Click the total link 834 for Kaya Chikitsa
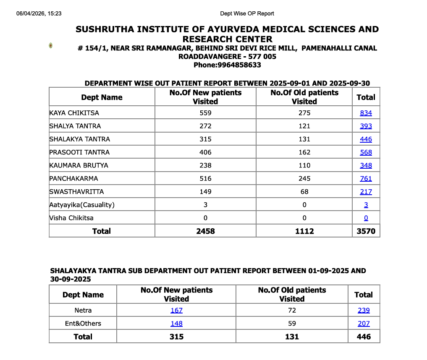pos(366,113)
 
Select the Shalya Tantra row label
pos(75,126)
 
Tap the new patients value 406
pos(205,152)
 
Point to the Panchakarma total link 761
pos(366,178)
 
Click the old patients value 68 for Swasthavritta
pos(304,192)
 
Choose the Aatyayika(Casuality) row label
pos(82,205)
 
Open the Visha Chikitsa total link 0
pos(366,218)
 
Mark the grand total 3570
pos(366,231)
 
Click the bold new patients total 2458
pos(205,231)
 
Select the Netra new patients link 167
pos(176,310)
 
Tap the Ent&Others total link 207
pos(364,323)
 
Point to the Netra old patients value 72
pos(292,310)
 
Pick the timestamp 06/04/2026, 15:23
pos(39,13)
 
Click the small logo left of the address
pos(51,45)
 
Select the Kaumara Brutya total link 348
pos(366,165)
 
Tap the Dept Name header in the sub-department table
pos(83,295)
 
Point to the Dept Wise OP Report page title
pos(247,13)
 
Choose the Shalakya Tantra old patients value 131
pos(304,139)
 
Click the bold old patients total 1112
pos(304,231)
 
